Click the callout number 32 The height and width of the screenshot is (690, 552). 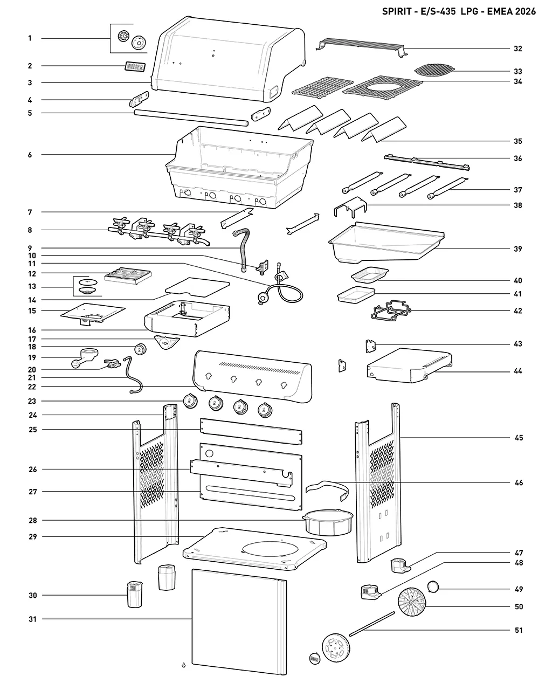click(517, 49)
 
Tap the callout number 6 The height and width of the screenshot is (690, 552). click(30, 155)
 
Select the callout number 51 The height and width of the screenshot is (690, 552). click(519, 630)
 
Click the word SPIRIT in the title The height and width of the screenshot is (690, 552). click(396, 11)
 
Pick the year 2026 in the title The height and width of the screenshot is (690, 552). click(525, 11)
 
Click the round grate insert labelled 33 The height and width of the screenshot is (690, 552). click(434, 70)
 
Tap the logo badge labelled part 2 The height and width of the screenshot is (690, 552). click(135, 67)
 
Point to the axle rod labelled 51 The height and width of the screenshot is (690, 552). click(372, 624)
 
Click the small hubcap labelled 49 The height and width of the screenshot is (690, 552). click(433, 586)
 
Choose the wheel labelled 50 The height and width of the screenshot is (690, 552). click(412, 602)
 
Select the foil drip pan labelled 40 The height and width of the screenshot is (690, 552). click(370, 275)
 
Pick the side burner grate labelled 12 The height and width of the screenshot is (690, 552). click(128, 275)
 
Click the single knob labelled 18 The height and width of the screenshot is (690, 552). click(140, 349)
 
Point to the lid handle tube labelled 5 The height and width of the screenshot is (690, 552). click(191, 118)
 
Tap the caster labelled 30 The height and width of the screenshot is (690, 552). click(135, 594)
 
